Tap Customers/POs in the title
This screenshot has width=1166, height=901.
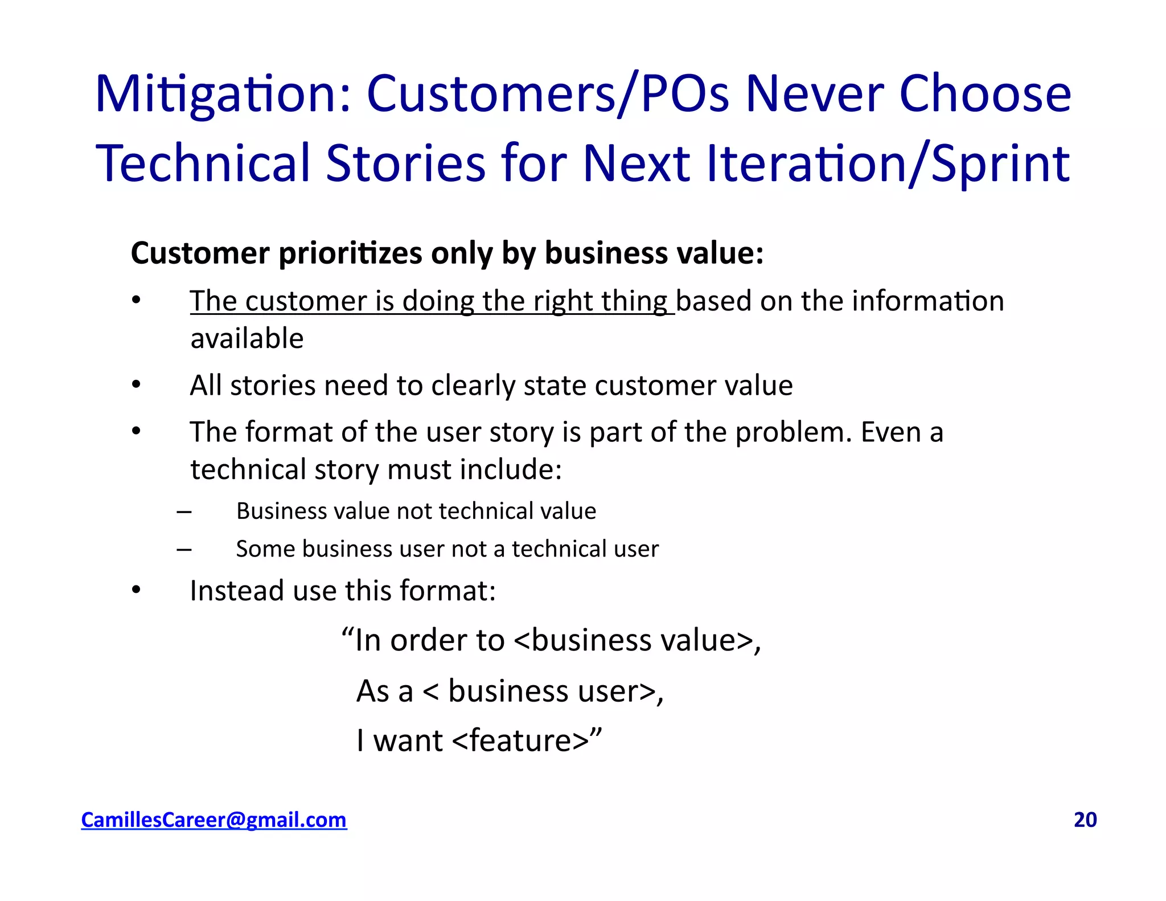(547, 95)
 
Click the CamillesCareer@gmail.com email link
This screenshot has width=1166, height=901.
(214, 820)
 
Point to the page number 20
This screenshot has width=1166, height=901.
(1085, 820)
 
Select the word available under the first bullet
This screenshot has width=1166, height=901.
(247, 339)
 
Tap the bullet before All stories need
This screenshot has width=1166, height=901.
(136, 385)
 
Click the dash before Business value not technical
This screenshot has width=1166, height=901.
(184, 511)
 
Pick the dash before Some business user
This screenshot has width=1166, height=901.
(184, 549)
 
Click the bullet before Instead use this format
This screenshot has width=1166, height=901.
(136, 590)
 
